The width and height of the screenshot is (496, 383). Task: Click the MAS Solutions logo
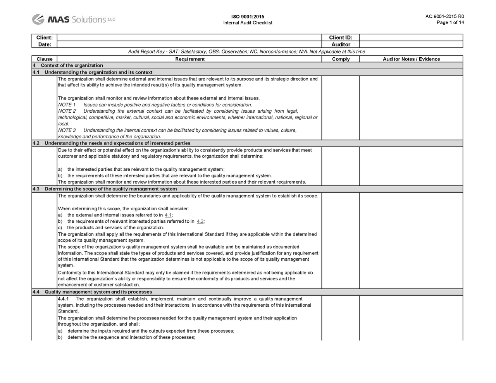pos(73,19)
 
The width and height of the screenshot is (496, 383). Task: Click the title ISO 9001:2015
pos(248,17)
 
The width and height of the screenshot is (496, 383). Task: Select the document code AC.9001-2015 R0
pos(444,16)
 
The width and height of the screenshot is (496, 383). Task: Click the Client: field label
pos(44,38)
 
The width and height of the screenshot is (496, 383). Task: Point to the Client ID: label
pos(341,38)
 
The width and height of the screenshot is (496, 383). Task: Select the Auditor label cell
pos(341,45)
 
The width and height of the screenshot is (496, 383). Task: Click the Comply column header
pos(341,59)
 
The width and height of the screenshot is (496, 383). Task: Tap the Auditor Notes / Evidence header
pos(411,59)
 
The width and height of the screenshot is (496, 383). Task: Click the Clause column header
pos(44,59)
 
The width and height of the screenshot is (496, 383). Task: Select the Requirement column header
pos(189,59)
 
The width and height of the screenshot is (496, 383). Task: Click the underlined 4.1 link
pos(168,215)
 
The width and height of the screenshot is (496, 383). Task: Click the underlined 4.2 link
pos(200,222)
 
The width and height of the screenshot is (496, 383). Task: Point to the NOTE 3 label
pos(67,131)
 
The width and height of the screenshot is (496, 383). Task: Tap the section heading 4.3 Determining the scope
pos(110,189)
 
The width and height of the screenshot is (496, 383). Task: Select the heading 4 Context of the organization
pos(68,65)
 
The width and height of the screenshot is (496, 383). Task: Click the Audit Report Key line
pos(246,52)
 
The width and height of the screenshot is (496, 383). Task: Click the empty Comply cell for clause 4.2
pos(341,166)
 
